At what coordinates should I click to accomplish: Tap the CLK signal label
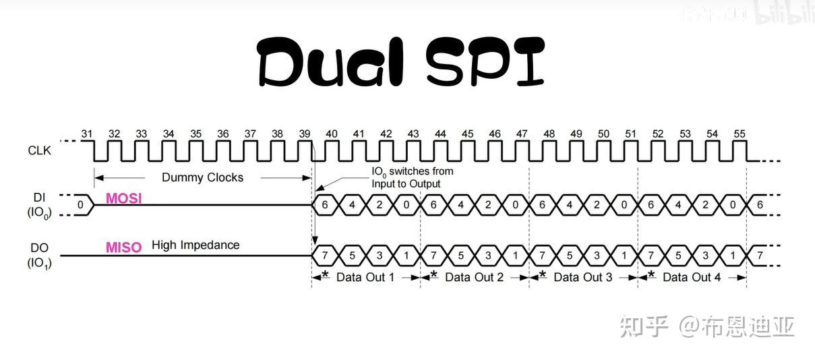39,150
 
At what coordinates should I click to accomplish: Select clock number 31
86,134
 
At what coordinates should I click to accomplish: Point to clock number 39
304,134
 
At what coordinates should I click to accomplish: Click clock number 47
522,134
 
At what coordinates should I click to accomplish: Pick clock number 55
739,134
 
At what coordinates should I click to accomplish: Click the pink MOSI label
123,199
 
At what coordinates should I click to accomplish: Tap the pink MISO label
123,247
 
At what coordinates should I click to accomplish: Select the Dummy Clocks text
202,178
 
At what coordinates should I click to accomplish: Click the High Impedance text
195,245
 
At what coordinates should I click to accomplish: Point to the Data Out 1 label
365,277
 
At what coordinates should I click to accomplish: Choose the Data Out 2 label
474,277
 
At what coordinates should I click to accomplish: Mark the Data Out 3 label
582,277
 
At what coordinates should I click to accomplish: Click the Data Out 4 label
692,277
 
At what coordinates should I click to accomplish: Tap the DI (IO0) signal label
39,206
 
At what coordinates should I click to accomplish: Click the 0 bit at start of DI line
80,204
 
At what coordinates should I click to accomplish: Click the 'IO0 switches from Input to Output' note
412,177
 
